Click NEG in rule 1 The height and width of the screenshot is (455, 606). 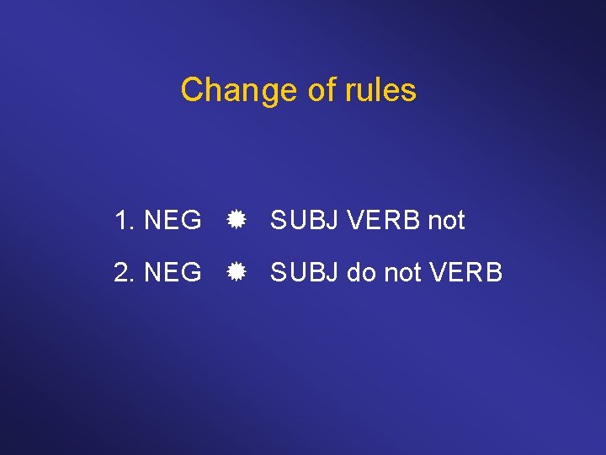coord(173,221)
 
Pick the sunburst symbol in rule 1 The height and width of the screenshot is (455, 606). coord(236,221)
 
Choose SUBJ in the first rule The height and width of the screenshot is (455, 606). coord(305,221)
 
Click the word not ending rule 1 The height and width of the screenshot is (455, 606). coord(446,221)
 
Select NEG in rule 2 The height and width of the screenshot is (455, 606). coord(173,272)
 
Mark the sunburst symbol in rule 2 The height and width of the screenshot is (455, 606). coord(236,272)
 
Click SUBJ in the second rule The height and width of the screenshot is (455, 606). coord(305,272)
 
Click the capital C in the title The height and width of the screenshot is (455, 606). coord(192,90)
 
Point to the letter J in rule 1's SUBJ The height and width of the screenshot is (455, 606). coord(333,221)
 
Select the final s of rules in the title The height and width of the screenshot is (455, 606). coord(409,91)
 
